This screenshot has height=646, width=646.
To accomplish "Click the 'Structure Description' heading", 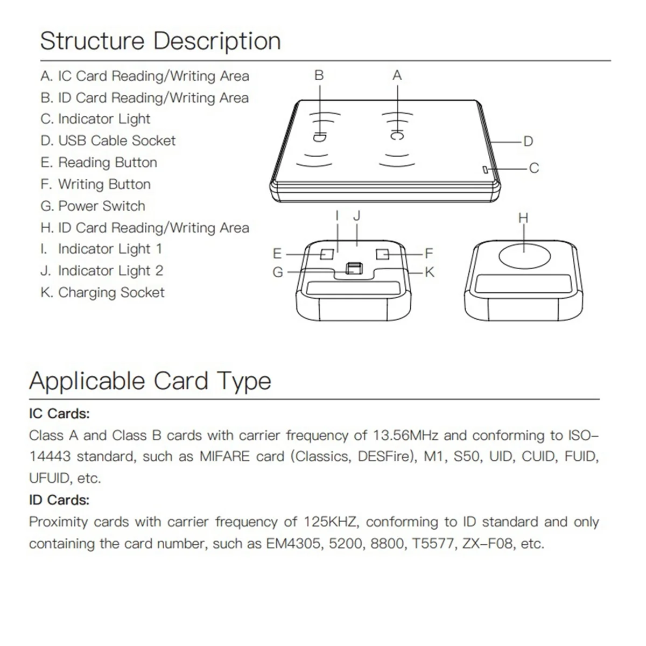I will click(160, 41).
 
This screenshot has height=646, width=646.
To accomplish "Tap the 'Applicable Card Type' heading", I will click(150, 381).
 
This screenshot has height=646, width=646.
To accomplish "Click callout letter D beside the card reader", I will click(528, 142).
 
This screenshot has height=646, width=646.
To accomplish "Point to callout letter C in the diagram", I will click(533, 168).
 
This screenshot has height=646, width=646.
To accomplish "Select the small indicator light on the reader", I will click(485, 170).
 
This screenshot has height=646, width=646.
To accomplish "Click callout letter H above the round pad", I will click(523, 218).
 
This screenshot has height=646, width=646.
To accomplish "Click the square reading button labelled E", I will click(326, 254).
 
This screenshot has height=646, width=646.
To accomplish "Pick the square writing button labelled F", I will click(382, 254).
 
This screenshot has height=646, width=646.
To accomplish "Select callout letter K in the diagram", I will click(429, 272).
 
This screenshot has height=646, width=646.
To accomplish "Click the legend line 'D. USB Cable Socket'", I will click(108, 141).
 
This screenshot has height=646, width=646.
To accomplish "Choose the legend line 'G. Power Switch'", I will click(93, 206).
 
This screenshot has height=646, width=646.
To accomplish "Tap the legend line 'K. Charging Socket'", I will click(102, 292).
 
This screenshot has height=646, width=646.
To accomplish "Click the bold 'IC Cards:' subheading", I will click(59, 413).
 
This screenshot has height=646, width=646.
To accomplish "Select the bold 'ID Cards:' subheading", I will click(59, 500).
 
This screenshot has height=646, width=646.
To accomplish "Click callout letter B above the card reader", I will click(319, 75).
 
